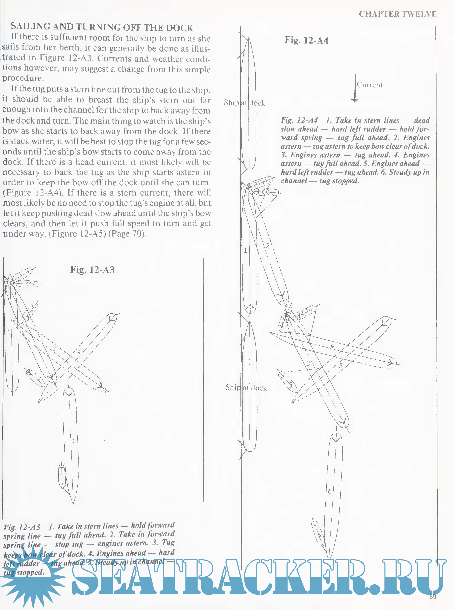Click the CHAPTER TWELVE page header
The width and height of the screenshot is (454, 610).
click(397, 14)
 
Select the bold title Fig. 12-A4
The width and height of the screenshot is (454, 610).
click(307, 40)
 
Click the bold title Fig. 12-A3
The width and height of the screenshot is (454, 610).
click(92, 270)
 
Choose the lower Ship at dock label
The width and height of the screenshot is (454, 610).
click(246, 388)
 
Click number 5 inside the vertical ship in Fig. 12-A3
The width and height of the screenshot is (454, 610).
click(74, 440)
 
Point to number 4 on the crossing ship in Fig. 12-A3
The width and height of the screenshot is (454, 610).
click(79, 351)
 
